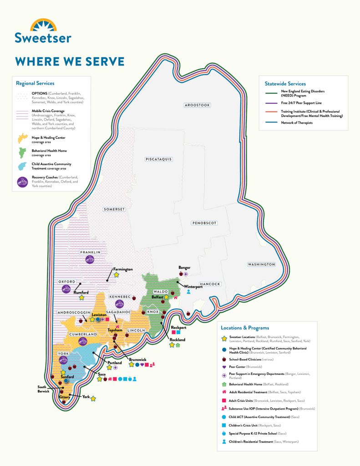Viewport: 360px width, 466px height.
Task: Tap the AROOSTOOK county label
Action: (197, 105)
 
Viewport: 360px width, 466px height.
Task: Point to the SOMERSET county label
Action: (114, 209)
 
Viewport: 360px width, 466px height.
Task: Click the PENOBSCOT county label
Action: (204, 223)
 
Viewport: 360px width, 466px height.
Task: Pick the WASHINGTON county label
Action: (261, 264)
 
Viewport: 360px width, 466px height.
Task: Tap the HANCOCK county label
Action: (209, 284)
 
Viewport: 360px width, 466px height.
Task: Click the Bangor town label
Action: (184, 268)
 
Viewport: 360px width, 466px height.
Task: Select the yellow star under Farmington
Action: (117, 275)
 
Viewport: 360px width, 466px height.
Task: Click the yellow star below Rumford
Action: (81, 298)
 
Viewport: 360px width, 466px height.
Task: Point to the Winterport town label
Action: (193, 287)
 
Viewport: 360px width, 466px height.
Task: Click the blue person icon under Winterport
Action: (188, 292)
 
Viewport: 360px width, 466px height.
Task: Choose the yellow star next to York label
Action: (93, 399)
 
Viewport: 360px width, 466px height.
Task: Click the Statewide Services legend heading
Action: (285, 84)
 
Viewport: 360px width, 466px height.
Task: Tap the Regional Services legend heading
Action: (35, 83)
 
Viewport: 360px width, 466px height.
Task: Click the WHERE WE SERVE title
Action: (70, 61)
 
